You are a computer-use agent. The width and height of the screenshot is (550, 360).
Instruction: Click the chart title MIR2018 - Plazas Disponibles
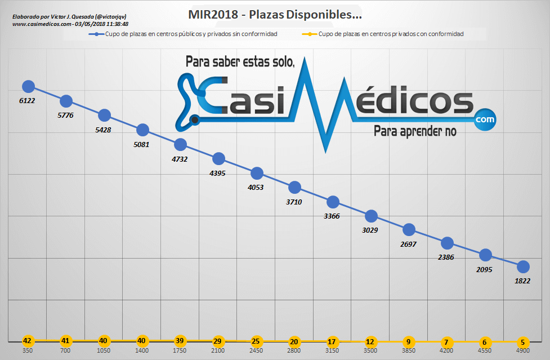(275, 14)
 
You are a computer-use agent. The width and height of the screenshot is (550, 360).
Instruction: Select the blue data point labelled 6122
(28, 86)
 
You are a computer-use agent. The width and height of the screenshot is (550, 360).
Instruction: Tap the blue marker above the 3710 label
(294, 187)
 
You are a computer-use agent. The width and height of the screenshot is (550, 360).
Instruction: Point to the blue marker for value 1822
(523, 266)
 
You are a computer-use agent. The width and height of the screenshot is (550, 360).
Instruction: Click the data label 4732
(180, 159)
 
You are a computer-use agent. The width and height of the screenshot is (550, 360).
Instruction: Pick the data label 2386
(446, 257)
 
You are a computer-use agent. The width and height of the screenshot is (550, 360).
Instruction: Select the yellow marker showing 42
(28, 341)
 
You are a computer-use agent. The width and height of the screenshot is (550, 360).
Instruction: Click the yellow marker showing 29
(218, 341)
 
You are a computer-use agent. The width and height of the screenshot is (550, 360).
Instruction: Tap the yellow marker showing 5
(523, 341)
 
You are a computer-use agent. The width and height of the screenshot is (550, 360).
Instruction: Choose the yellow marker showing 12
(370, 341)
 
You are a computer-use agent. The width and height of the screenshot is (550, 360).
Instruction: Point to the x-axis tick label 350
(28, 350)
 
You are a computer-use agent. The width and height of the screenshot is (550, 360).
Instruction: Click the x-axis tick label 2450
(256, 350)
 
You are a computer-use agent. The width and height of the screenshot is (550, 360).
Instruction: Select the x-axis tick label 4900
(523, 350)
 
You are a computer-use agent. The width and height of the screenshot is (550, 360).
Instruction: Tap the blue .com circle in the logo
(484, 119)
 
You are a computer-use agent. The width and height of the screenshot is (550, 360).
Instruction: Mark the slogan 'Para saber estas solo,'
(240, 62)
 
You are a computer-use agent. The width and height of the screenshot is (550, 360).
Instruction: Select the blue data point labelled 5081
(142, 130)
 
